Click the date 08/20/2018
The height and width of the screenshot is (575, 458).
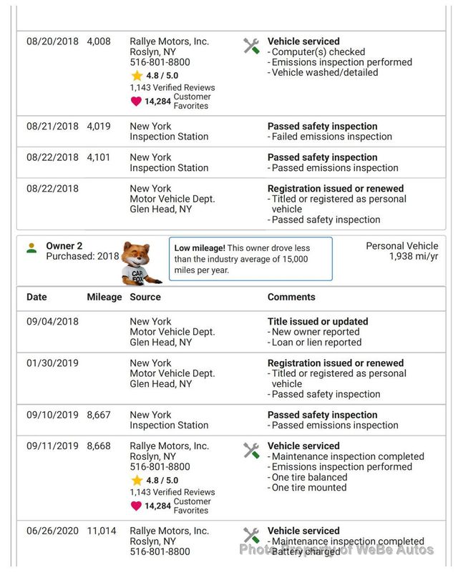52,41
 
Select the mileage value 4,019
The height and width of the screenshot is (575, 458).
99,126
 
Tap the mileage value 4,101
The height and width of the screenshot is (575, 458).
99,157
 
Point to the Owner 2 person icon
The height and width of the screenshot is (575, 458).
31,248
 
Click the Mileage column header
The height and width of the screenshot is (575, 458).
104,297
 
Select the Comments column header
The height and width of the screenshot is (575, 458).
291,297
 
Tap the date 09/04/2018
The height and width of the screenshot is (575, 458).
52,322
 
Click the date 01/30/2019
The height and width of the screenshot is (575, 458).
52,363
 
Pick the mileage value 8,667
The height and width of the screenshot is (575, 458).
99,415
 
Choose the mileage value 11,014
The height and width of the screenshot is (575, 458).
102,531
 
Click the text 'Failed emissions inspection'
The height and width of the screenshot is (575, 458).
332,137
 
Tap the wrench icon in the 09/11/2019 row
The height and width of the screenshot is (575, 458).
251,451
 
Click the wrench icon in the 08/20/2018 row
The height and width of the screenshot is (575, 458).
251,46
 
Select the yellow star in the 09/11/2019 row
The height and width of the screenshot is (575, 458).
137,481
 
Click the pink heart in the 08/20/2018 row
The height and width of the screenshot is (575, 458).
136,102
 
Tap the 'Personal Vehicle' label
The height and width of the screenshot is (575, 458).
401,246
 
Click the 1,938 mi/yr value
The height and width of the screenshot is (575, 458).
414,256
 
